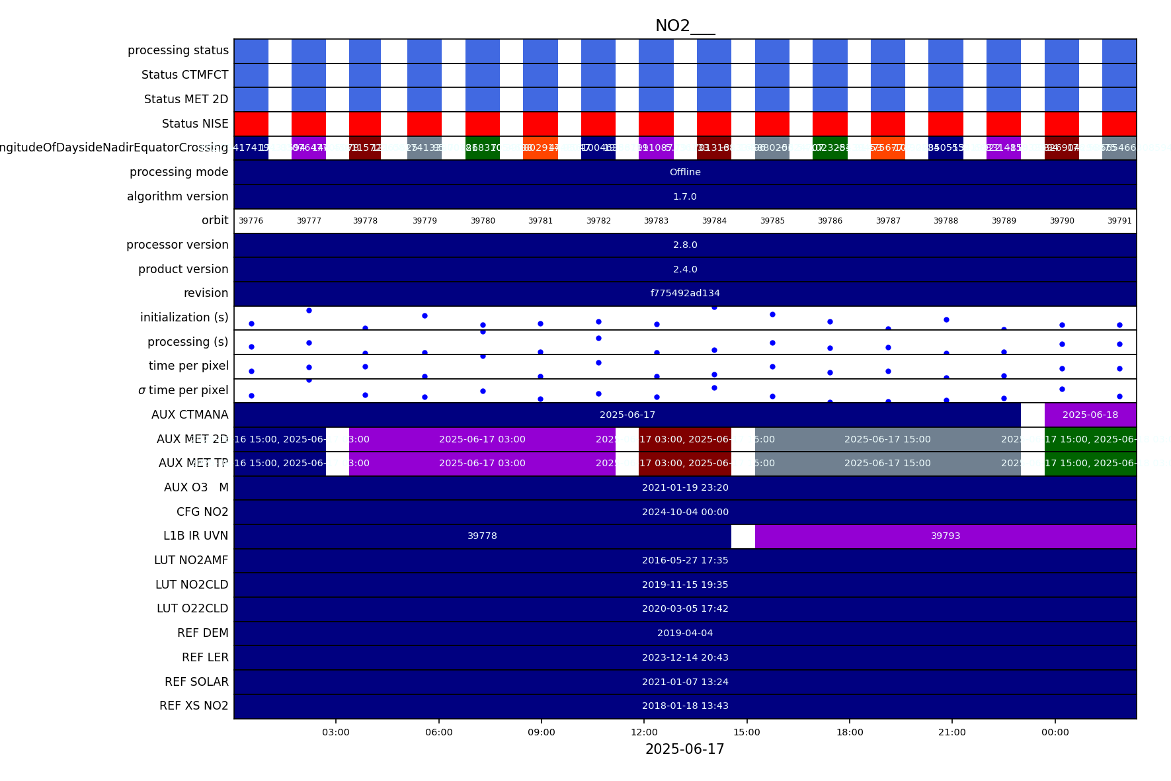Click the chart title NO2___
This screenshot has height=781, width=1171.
(x=684, y=26)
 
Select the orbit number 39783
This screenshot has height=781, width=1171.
(x=656, y=221)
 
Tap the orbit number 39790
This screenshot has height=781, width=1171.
(x=1062, y=221)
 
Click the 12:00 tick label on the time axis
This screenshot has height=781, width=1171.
(x=644, y=732)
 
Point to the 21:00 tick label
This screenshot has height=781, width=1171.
(x=951, y=732)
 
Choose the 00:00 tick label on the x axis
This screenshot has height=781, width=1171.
(x=1055, y=732)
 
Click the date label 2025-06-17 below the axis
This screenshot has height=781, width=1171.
(x=684, y=749)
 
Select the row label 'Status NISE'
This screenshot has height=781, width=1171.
(x=195, y=124)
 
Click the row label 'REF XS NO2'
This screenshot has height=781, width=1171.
(x=194, y=706)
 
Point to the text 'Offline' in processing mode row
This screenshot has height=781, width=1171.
(x=685, y=172)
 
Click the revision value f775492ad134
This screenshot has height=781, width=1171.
(x=685, y=293)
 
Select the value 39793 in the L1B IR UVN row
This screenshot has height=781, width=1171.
(x=946, y=536)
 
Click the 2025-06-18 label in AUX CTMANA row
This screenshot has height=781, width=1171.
(x=1090, y=415)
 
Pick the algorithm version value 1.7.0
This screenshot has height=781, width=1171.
(x=685, y=196)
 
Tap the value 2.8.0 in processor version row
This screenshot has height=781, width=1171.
(x=685, y=245)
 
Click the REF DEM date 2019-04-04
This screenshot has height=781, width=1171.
(x=685, y=633)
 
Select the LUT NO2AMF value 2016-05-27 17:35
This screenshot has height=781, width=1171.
(x=685, y=560)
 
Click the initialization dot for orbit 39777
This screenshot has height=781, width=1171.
(x=309, y=310)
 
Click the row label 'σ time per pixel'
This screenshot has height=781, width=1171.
(x=183, y=390)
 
